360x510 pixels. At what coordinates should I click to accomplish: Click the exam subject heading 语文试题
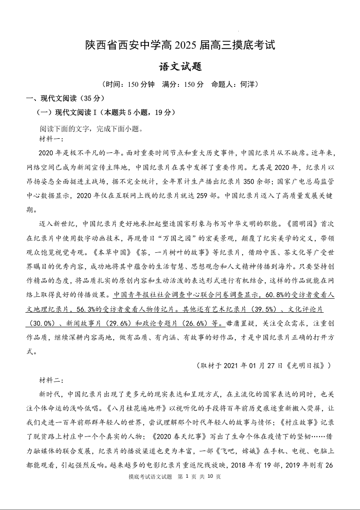180,67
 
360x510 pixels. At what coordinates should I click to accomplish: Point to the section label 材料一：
52,138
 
